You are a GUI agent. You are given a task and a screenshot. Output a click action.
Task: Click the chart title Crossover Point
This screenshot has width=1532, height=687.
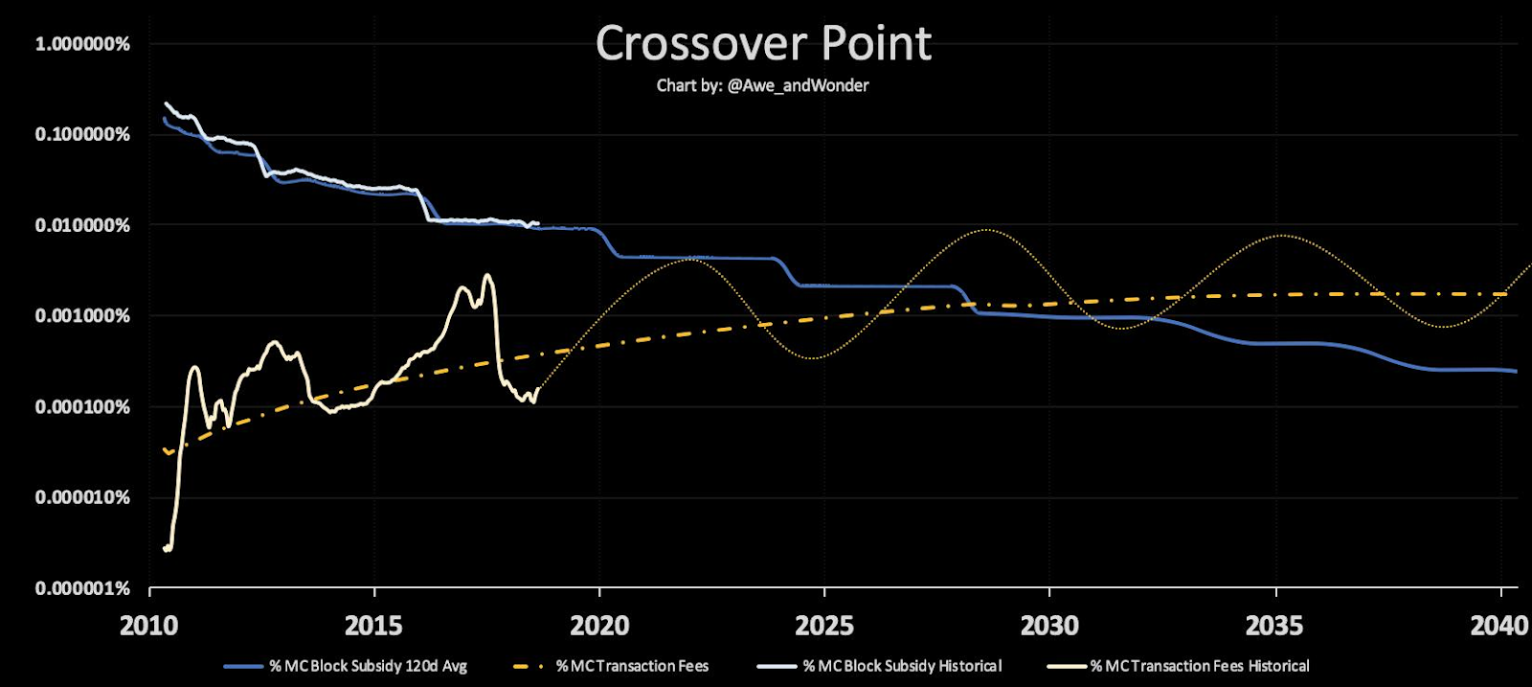[763, 44]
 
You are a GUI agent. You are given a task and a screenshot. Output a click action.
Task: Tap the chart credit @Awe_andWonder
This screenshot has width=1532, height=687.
[763, 85]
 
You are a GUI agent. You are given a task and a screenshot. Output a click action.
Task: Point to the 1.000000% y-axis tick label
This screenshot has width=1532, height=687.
[82, 44]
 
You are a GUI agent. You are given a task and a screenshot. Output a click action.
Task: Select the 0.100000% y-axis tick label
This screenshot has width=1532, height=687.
[82, 134]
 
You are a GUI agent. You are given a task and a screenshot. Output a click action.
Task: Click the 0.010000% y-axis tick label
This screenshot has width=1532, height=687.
[82, 225]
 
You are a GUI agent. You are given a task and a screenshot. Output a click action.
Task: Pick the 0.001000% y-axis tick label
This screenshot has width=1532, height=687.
[82, 316]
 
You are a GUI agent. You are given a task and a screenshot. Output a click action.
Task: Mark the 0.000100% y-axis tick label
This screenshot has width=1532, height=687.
[82, 406]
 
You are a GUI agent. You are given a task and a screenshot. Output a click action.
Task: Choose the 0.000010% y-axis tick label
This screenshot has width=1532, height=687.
[82, 497]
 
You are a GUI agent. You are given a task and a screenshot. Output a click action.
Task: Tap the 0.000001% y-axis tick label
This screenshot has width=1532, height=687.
[82, 587]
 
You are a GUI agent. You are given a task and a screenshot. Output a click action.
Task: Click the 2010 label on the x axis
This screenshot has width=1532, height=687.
[148, 626]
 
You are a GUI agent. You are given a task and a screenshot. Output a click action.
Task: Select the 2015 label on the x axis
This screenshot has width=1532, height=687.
[373, 626]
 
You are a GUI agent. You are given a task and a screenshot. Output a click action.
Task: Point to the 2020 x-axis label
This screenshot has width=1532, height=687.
[599, 626]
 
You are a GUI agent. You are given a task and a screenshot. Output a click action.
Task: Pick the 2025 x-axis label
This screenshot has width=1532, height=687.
[824, 626]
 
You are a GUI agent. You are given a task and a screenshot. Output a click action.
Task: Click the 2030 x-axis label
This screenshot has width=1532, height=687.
[1049, 626]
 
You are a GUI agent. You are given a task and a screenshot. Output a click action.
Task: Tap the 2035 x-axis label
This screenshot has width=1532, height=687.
[1274, 626]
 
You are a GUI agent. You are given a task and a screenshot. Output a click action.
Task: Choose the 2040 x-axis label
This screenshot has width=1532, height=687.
[1499, 626]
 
